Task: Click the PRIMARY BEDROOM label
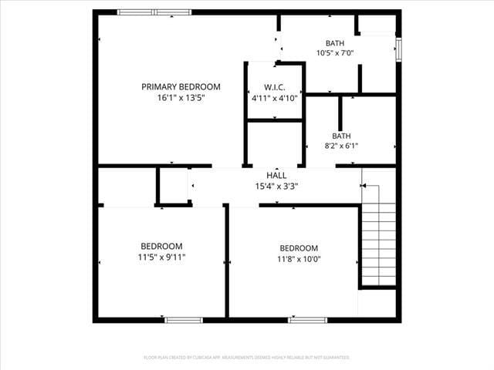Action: [181, 87]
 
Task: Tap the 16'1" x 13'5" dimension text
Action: [181, 98]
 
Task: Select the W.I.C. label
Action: [275, 87]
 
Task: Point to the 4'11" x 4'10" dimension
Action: [275, 98]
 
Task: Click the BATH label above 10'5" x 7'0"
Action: [335, 43]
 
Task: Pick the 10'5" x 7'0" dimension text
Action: [335, 53]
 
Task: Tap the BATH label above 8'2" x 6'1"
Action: [340, 136]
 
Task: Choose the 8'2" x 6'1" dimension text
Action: [340, 146]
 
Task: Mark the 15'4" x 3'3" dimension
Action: [276, 186]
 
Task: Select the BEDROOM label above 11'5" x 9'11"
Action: [161, 247]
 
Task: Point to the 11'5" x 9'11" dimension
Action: [161, 257]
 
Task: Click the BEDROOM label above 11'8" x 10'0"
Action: [299, 248]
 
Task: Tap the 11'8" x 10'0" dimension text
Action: [299, 259]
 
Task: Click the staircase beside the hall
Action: [378, 235]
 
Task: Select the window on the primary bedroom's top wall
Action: [154, 12]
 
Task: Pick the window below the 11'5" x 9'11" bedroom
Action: [184, 320]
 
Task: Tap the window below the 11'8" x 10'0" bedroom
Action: [307, 320]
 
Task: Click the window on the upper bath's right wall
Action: [398, 49]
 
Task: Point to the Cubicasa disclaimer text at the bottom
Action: [247, 358]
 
